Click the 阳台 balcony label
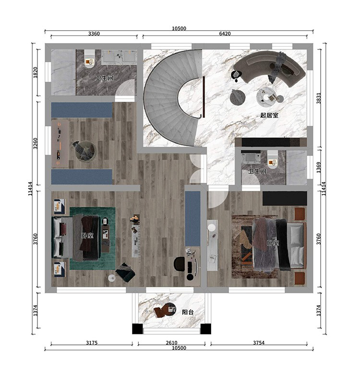(x=188, y=312)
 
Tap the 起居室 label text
(x=269, y=115)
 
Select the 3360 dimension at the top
(x=94, y=34)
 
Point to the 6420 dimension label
(x=225, y=34)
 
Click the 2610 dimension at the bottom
(x=171, y=343)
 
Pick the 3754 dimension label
(x=259, y=343)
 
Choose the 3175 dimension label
(x=92, y=343)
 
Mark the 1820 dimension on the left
(x=36, y=72)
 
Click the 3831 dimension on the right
(x=319, y=98)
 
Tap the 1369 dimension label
(x=319, y=167)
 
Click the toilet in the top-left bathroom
(x=89, y=59)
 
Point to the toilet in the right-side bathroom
(x=273, y=159)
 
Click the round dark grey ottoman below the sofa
(x=238, y=97)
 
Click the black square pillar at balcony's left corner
(x=137, y=329)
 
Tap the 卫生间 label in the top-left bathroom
(x=104, y=78)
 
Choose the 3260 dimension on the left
(x=36, y=143)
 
